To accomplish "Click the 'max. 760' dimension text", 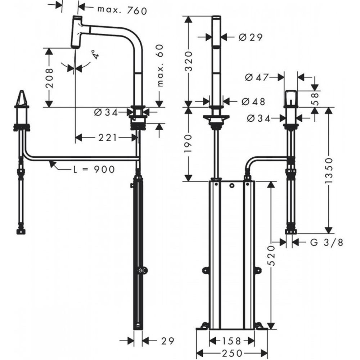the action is point(122,10).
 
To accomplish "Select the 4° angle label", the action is point(96,55).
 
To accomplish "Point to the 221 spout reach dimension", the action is point(108,138).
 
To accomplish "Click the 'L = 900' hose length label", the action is point(94,170).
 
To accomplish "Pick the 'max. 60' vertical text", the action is point(160,66).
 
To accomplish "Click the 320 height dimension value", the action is point(189,62).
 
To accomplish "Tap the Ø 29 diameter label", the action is point(250,37).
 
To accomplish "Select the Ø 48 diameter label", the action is point(253,101).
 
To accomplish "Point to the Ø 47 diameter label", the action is point(256,77).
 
